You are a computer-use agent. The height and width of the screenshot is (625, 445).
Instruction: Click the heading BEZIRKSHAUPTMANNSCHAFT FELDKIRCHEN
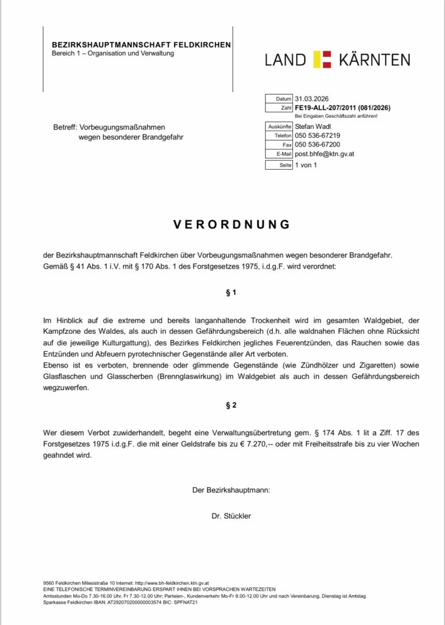click(x=141, y=45)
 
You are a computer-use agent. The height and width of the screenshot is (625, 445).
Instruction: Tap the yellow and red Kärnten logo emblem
click(x=322, y=59)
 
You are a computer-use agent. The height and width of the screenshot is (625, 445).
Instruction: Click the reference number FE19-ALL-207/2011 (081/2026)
click(x=342, y=107)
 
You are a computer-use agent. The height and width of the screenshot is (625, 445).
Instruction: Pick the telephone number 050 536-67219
click(x=317, y=135)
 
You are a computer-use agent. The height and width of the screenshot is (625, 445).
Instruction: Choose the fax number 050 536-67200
click(x=317, y=145)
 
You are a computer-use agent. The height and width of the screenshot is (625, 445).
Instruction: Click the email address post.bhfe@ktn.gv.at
click(x=324, y=154)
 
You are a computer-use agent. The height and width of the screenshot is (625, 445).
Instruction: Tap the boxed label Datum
click(x=284, y=98)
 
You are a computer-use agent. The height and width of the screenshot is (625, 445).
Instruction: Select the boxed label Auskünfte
click(x=280, y=126)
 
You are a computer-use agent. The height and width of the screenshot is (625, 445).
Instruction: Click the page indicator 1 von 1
click(x=306, y=165)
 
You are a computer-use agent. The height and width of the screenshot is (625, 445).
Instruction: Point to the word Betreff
click(x=65, y=127)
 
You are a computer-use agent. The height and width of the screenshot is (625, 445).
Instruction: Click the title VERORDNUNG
click(x=231, y=224)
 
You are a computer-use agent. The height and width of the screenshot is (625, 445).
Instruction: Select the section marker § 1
click(x=231, y=293)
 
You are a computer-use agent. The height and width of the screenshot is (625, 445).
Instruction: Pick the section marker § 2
click(x=231, y=405)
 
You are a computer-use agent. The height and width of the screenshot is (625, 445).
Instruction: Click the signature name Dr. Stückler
click(x=231, y=516)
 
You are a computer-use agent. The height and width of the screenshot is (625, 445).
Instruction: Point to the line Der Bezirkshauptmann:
click(x=231, y=490)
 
